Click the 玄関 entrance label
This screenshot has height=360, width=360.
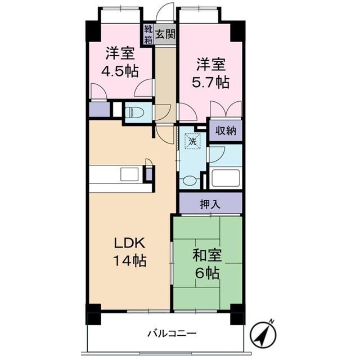(x=165, y=34)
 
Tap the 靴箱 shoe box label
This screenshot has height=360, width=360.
(x=148, y=34)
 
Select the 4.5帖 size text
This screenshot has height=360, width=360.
(x=120, y=71)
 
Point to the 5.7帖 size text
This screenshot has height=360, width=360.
(x=210, y=83)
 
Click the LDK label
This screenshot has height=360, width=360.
(x=130, y=243)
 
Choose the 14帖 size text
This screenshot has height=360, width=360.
(x=130, y=260)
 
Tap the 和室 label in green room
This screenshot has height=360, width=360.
(x=208, y=255)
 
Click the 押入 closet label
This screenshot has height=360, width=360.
(x=210, y=204)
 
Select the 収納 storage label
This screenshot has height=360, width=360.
(x=226, y=131)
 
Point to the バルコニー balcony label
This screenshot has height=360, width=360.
(x=172, y=333)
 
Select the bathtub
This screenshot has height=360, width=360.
(x=226, y=178)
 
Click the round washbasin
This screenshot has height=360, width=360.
(x=191, y=180)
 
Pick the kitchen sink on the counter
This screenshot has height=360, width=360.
(x=129, y=174)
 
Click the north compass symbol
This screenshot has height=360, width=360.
(x=263, y=332)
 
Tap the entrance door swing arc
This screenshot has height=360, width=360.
(x=164, y=10)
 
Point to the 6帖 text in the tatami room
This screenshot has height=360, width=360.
(x=207, y=273)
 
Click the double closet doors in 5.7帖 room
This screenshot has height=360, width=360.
(x=226, y=110)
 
